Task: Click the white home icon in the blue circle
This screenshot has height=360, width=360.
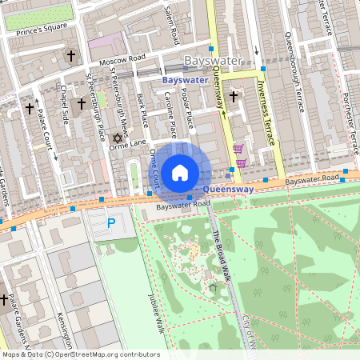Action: (180, 172)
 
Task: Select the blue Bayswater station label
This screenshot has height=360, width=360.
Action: (184, 81)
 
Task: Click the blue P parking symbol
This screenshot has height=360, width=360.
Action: (111, 223)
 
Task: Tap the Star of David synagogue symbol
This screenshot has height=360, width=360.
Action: (124, 138)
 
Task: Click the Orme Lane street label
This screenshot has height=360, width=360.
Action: (128, 144)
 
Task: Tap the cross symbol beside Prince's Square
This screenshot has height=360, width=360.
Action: (72, 56)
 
